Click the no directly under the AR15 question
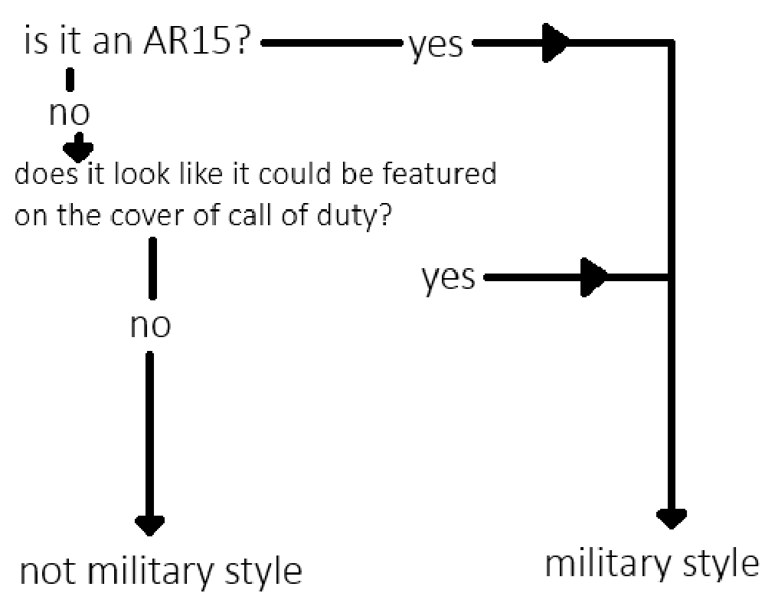click(x=69, y=113)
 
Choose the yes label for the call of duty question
click(x=448, y=277)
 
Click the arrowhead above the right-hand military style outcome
click(x=672, y=518)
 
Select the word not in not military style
click(x=47, y=571)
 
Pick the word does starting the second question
click(x=42, y=175)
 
